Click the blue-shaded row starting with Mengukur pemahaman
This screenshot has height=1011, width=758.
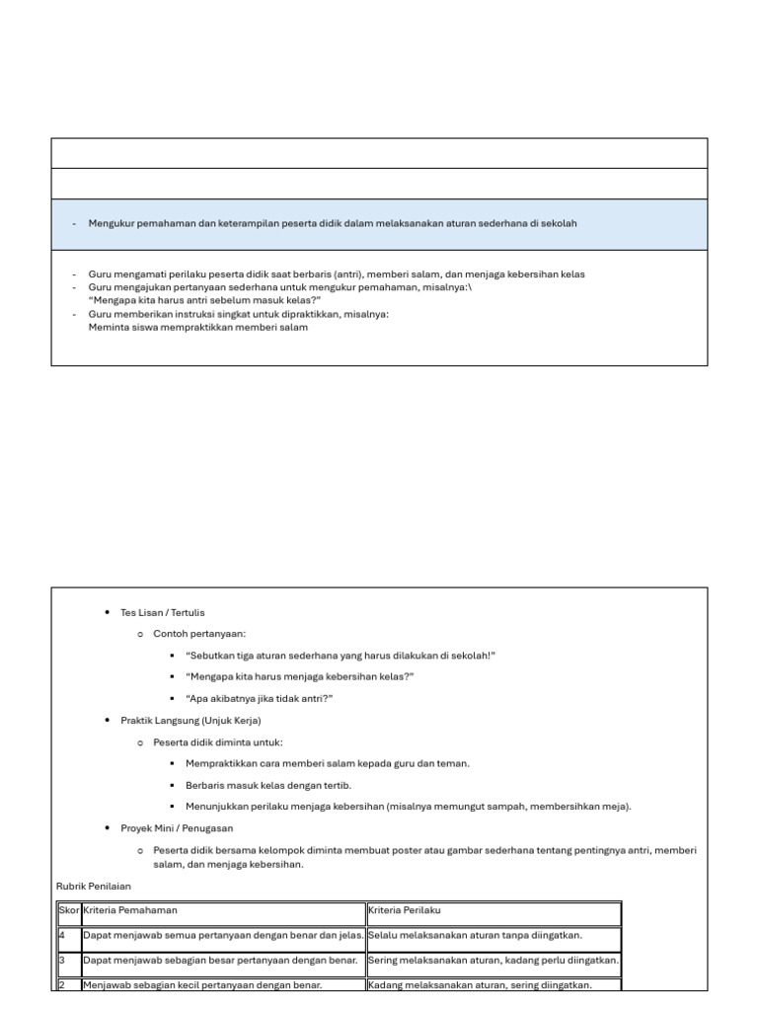(379, 224)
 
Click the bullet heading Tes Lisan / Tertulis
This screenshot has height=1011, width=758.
(163, 612)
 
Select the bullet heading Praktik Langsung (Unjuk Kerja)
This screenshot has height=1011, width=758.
(190, 721)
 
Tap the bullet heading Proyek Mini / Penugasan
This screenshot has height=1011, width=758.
(177, 828)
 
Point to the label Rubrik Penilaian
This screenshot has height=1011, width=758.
(94, 886)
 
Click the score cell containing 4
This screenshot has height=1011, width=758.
(67, 935)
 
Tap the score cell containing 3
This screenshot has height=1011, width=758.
(67, 960)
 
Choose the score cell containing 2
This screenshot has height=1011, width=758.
(67, 984)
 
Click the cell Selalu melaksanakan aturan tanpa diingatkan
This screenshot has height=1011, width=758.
(475, 935)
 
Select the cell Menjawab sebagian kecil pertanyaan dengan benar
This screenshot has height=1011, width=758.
(203, 984)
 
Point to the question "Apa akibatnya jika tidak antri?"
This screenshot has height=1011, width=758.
(259, 698)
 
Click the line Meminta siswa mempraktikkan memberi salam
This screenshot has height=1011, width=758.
(198, 328)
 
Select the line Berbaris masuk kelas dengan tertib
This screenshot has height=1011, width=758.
(267, 785)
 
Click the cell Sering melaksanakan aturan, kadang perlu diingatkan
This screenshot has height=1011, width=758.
(493, 960)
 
